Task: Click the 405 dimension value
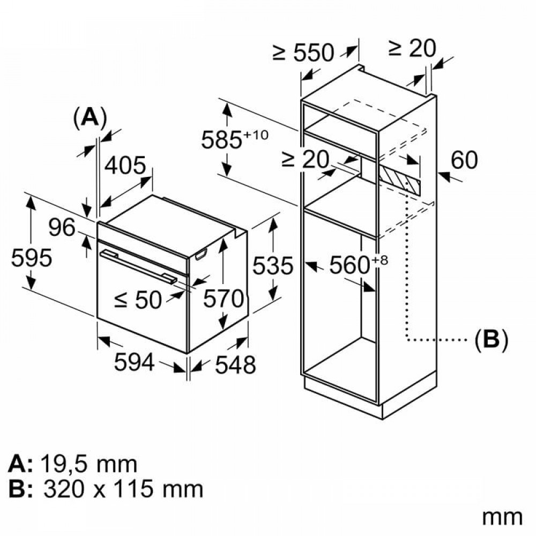coord(125,166)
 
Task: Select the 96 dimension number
coord(62,227)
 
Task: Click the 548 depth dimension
coord(235,364)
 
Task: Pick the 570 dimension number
coord(224,299)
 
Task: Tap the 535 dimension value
coord(273,265)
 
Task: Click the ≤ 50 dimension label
coord(138,300)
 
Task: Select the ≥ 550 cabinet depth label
coord(303,53)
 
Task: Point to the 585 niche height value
coord(222,139)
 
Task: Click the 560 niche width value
coord(349,265)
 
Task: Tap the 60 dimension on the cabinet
coord(464,160)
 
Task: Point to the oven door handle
coord(139,266)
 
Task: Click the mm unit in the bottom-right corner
coord(502,517)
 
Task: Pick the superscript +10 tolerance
coord(255,135)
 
